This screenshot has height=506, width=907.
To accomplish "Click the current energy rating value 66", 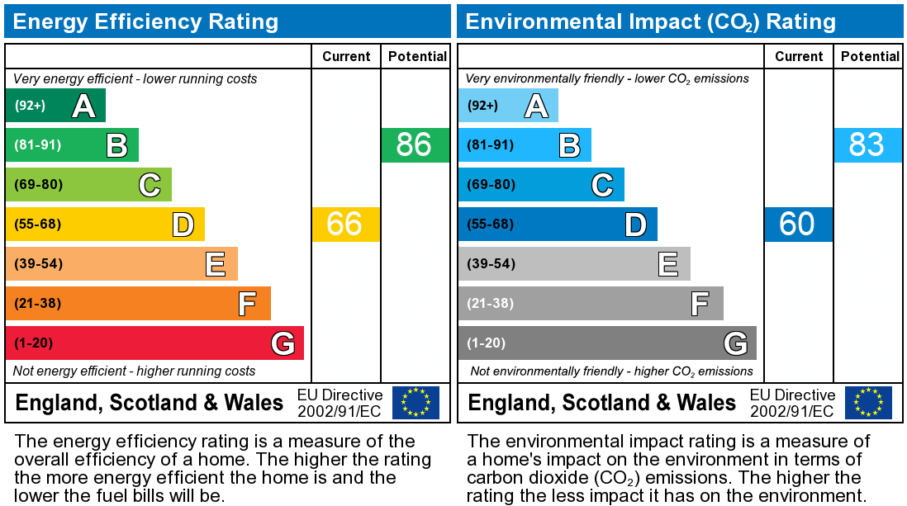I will pyautogui.click(x=344, y=225).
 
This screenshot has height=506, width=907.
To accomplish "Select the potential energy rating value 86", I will pyautogui.click(x=414, y=145).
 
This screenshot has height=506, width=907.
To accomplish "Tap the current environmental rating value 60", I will pyautogui.click(x=797, y=225).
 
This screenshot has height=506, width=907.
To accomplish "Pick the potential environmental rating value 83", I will pyautogui.click(x=867, y=145).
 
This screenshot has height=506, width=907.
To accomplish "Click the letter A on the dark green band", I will pyautogui.click(x=83, y=106).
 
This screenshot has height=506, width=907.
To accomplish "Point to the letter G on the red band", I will pyautogui.click(x=283, y=343).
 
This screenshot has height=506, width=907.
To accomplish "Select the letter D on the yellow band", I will pyautogui.click(x=183, y=225).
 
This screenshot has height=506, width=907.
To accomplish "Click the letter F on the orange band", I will pyautogui.click(x=247, y=304).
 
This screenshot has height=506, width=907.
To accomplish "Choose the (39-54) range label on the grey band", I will pyautogui.click(x=491, y=264).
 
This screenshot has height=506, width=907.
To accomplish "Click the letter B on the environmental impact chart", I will pyautogui.click(x=569, y=145).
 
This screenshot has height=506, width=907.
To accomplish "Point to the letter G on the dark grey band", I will pyautogui.click(x=735, y=343).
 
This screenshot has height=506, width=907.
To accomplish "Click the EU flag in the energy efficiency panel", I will pyautogui.click(x=416, y=403).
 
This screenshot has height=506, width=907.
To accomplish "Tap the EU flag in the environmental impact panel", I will pyautogui.click(x=868, y=403).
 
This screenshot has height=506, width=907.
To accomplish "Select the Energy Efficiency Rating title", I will pyautogui.click(x=146, y=21).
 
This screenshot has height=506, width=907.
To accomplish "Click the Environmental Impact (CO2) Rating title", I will pyautogui.click(x=651, y=21).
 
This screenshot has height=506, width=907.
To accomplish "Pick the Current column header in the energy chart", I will pyautogui.click(x=346, y=56).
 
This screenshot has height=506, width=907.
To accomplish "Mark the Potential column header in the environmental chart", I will pyautogui.click(x=870, y=56).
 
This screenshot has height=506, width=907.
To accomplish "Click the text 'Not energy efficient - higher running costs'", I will pyautogui.click(x=135, y=371).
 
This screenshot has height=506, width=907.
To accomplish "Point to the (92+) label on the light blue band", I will pyautogui.click(x=483, y=106).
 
